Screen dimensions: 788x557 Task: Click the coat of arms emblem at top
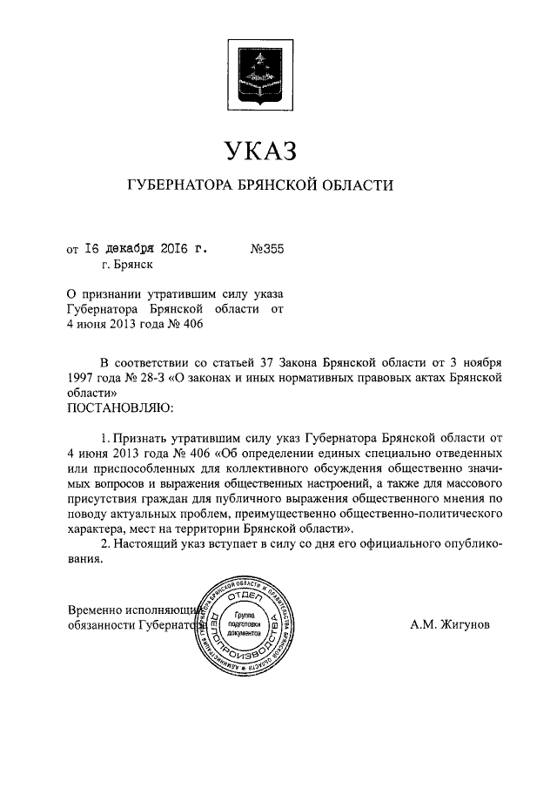coord(260,69)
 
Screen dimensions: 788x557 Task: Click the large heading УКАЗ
coord(260,151)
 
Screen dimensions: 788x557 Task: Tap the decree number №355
coord(267,250)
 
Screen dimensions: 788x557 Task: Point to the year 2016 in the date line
coord(176,250)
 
